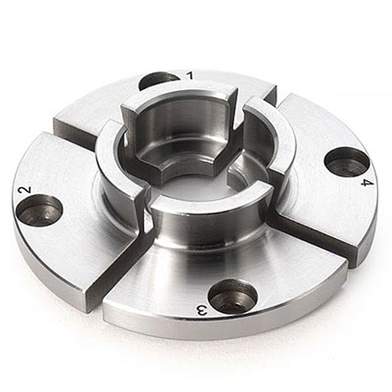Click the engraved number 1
(x=190, y=75)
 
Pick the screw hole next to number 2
(x=39, y=211)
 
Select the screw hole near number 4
(x=347, y=163)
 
